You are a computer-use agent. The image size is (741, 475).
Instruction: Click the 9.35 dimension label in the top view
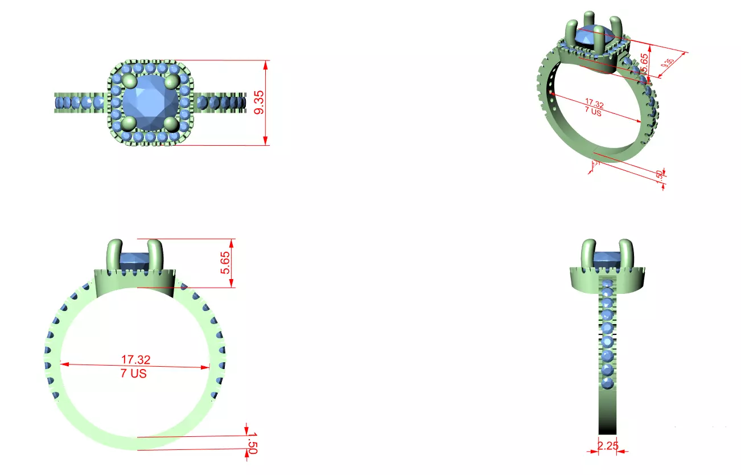pos(260,103)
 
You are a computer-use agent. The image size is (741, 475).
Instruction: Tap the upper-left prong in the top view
pos(128,81)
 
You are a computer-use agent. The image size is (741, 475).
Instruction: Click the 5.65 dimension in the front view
pos(226,263)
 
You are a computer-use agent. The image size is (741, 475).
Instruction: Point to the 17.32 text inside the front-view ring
pos(135,359)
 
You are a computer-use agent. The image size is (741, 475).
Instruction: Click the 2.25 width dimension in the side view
pos(608,446)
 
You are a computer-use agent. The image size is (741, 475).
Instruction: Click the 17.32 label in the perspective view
pos(594,104)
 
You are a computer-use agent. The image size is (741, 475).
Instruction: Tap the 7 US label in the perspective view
pos(593,112)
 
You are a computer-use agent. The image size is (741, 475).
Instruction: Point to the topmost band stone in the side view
pos(607,284)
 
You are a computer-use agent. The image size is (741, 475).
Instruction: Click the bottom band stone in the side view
pos(607,383)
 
